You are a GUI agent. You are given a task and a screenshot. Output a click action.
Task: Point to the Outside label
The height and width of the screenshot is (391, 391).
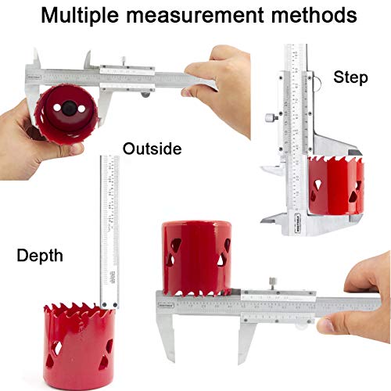point(152,149)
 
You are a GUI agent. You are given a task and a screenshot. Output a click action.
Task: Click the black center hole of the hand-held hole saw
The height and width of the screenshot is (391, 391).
point(66,106)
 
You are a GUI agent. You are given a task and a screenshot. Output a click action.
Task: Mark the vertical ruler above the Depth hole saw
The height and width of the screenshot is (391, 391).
point(109,227)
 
